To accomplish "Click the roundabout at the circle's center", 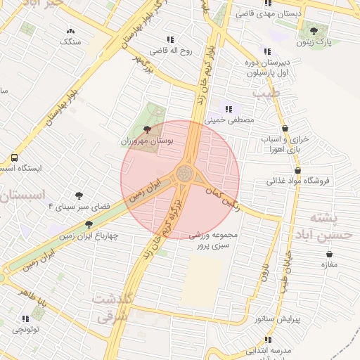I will click(x=186, y=172).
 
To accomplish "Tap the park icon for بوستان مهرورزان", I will click(x=147, y=129).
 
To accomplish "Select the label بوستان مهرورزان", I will click(x=147, y=141).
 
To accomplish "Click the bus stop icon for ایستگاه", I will click(x=14, y=157).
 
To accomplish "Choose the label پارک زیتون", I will click(x=313, y=42).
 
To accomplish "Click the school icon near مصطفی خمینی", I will click(x=229, y=108).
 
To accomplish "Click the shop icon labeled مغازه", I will click(x=328, y=253).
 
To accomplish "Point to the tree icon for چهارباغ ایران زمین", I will click(x=88, y=224).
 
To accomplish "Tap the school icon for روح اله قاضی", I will click(x=170, y=39).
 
